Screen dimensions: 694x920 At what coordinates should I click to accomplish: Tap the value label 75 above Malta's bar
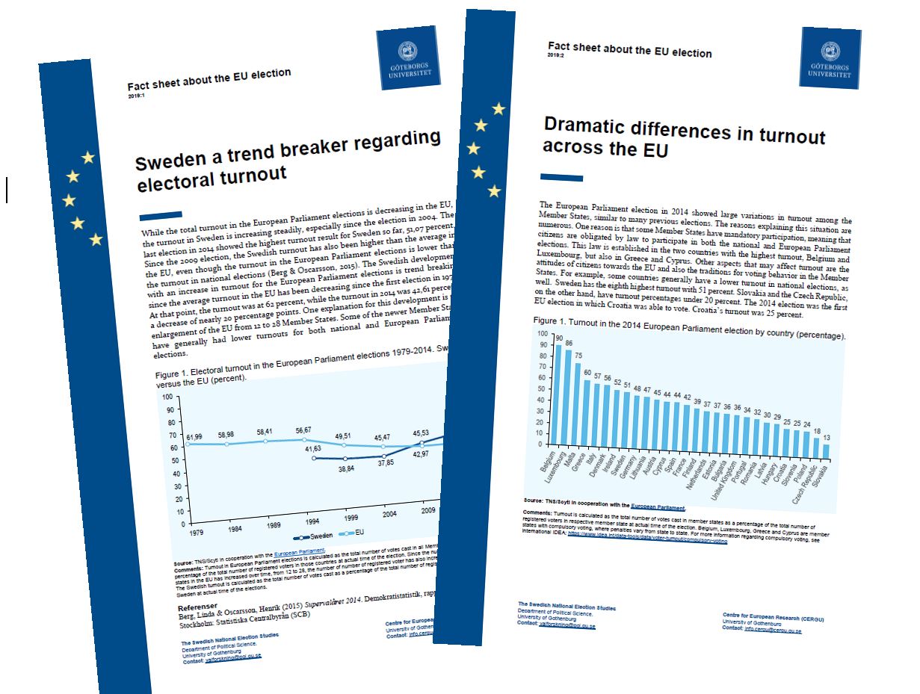[x=579, y=355]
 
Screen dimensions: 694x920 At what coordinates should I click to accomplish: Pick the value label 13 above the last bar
[x=847, y=436]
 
